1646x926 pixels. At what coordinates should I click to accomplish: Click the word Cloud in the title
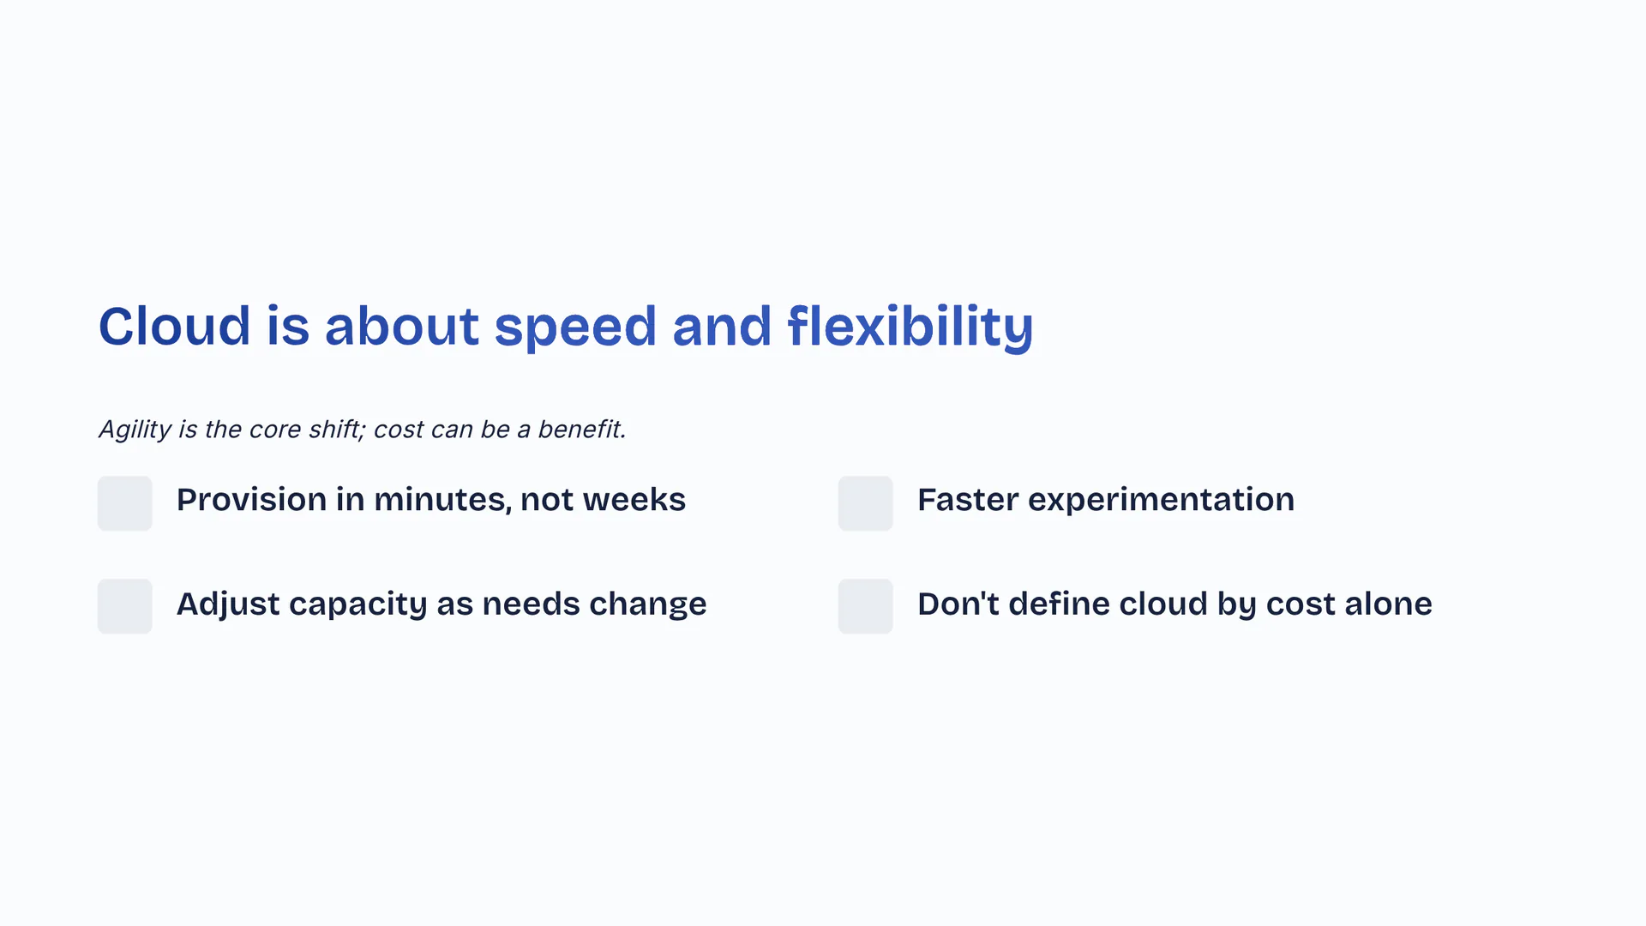tap(175, 326)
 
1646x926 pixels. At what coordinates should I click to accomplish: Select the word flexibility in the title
tap(910, 328)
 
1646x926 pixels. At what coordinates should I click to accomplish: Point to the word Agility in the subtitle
tap(135, 430)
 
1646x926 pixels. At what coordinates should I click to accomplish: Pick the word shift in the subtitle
tap(337, 429)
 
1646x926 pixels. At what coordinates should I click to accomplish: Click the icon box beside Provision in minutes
tap(125, 503)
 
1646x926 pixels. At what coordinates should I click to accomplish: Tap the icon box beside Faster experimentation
tap(866, 503)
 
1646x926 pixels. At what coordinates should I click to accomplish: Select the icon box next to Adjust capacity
tap(125, 606)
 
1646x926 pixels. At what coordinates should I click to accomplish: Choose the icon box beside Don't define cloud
tap(866, 606)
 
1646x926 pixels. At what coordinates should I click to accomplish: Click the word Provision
tap(252, 500)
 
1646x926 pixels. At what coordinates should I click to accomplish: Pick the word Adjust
tap(228, 604)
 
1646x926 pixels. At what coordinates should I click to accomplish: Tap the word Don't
tap(958, 604)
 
